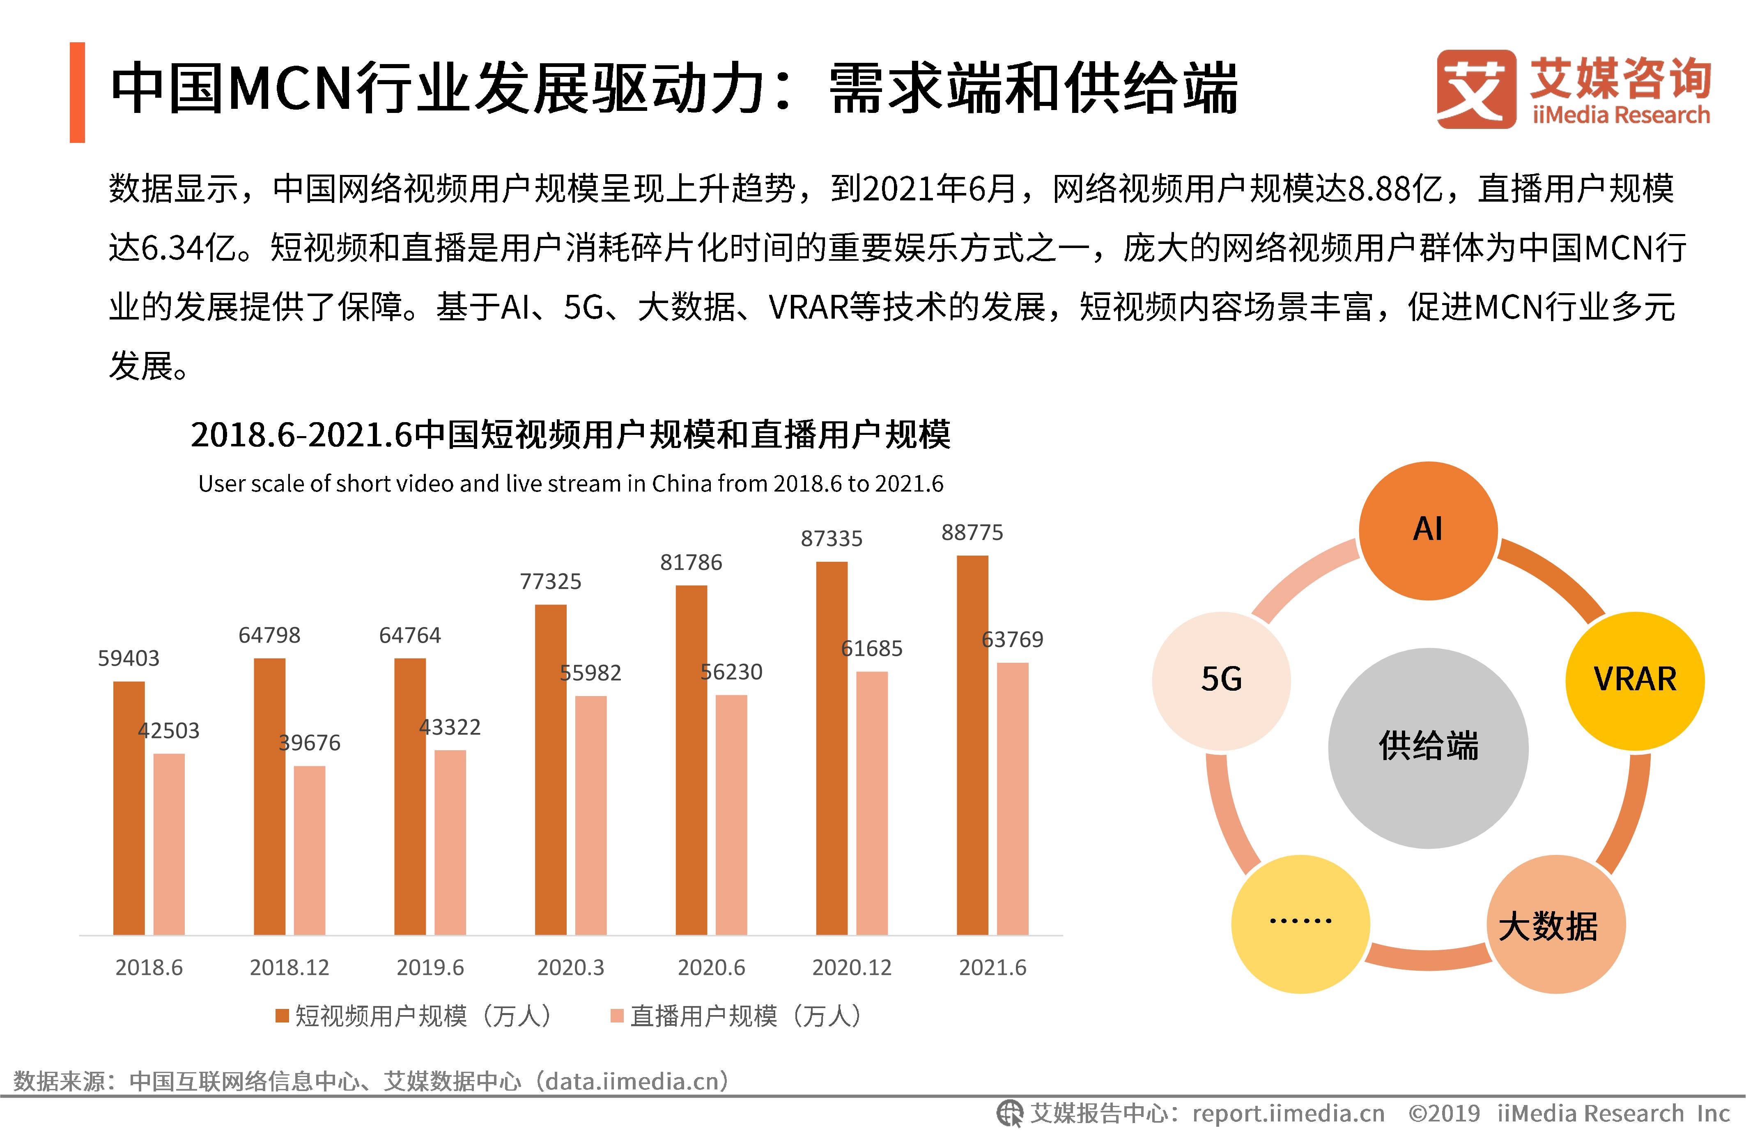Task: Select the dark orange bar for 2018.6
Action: tap(129, 807)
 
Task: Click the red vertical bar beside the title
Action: tap(77, 92)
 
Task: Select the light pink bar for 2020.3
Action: tap(590, 814)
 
